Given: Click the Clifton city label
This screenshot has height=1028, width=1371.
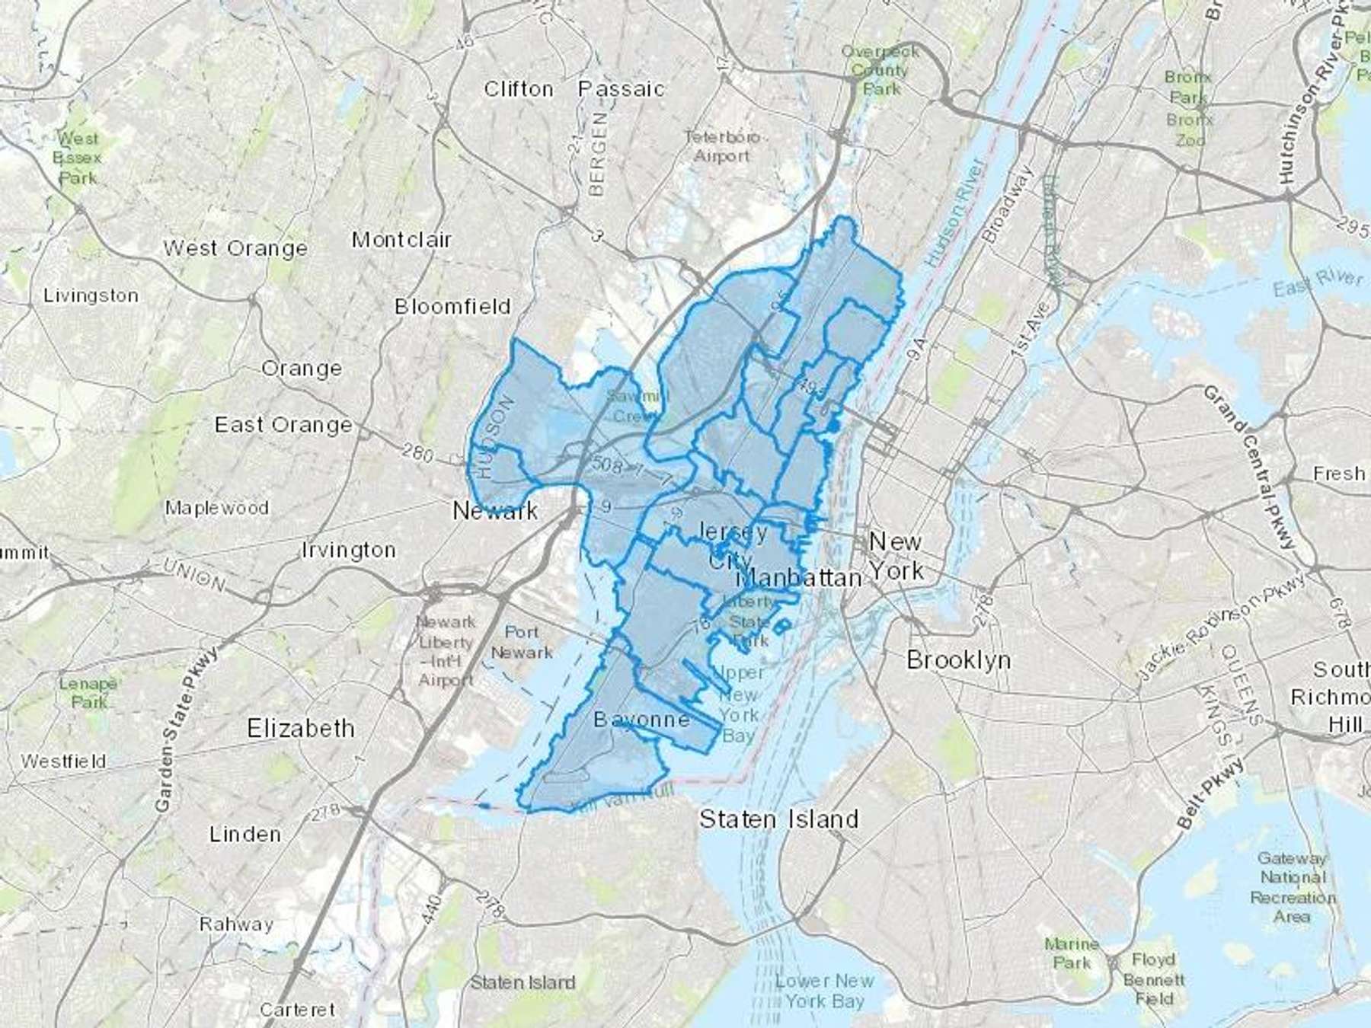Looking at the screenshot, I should pos(519,89).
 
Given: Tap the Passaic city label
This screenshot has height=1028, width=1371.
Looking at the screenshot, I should pos(621,89).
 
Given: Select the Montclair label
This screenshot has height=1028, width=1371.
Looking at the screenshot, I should pos(401,240).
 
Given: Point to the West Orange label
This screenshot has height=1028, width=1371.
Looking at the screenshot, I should pos(235,248).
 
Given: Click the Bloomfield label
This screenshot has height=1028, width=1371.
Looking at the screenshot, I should pos(452,306).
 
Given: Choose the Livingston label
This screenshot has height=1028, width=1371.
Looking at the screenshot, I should pos(91,295).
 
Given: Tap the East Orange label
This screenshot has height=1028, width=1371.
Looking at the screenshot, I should pos(283,424).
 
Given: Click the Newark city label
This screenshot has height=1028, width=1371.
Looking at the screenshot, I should pos(495,510).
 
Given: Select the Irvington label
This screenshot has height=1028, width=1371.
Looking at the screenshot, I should pos(348,550).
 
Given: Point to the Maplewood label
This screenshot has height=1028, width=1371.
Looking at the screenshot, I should pos(217,508).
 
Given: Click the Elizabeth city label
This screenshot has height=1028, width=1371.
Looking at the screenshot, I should pos(301,729).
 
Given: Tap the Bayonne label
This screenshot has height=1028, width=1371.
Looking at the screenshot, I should pos(641,720).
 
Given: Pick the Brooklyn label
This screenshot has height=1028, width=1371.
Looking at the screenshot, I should pos(958,660).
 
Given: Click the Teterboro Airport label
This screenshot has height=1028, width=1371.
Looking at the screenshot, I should pos(721,147).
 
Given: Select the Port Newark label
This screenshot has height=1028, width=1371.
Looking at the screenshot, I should pos(522,642).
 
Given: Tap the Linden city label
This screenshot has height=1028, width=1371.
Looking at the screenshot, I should pos(244,834).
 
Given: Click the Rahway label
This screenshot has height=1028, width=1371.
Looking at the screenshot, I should pos(236,924).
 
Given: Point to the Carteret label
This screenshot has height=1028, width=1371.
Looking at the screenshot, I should pos(297,1010).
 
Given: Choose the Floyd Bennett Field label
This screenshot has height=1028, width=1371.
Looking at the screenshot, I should pos(1154,979).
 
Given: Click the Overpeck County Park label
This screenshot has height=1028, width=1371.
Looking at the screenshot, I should pos(880,70).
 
